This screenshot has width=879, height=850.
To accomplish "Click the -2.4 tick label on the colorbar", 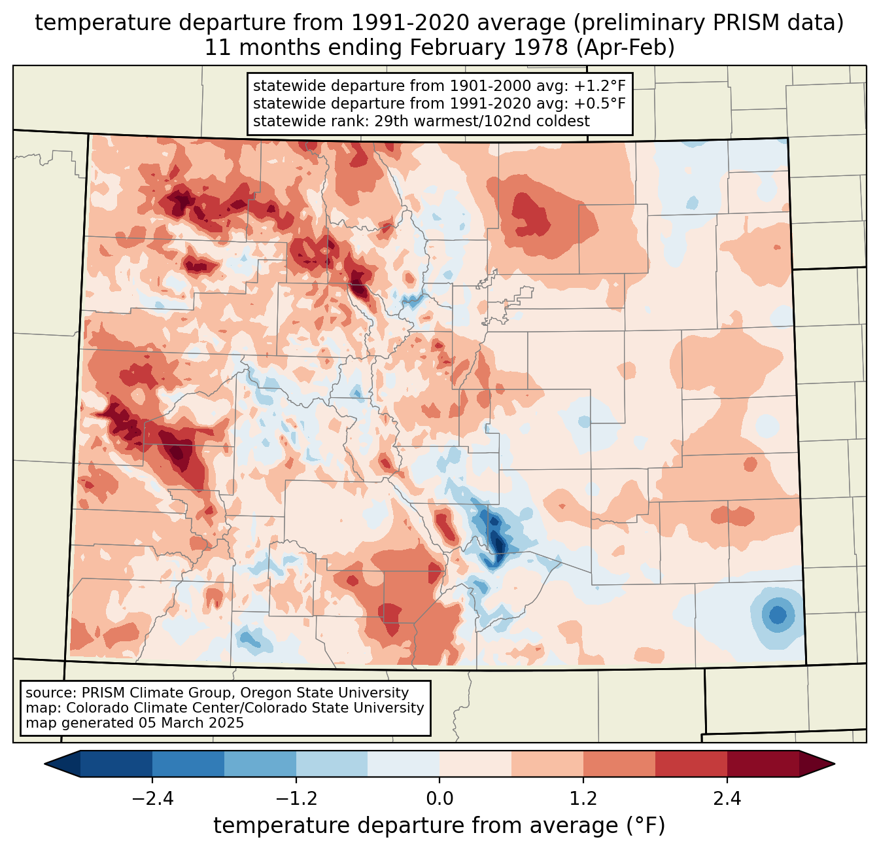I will pos(152,799).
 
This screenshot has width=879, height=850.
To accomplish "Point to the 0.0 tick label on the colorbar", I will pos(439,799).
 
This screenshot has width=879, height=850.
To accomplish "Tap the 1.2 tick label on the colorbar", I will pos(583,799).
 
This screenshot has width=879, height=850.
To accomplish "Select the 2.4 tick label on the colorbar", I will pos(727,799).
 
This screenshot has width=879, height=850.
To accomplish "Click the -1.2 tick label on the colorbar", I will pos(296,799).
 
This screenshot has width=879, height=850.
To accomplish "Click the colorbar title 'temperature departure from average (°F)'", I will pos(439,826).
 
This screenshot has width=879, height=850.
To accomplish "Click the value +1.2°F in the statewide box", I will pos(600,86).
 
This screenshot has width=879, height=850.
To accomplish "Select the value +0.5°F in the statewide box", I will pos(600,103).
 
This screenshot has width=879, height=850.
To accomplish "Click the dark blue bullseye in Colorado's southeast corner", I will pos(778,615).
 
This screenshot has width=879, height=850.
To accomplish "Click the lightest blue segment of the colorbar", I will pos(404,764).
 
